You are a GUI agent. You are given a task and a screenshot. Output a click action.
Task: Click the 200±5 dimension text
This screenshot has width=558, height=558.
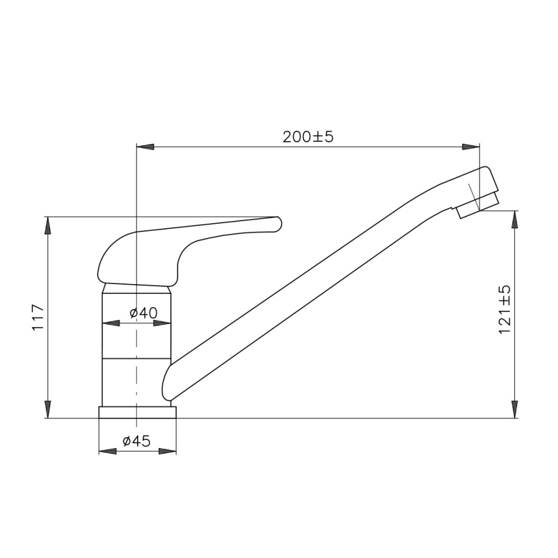click(308, 137)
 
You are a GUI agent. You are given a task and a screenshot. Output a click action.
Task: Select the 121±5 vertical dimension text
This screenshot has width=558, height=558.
click(505, 309)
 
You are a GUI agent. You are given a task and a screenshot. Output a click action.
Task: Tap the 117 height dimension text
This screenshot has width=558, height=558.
click(38, 316)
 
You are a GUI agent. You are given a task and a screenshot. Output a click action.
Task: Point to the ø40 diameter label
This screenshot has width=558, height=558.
click(143, 313)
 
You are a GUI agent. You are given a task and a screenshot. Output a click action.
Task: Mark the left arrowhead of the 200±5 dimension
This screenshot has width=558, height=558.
click(145, 147)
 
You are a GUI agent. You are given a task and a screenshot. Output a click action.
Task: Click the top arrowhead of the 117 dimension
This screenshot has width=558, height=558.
click(48, 226)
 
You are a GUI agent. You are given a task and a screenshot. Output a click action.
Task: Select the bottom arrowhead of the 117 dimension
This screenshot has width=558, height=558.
click(48, 410)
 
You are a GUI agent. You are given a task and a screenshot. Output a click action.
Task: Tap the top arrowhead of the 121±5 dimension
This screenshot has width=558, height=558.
click(514, 219)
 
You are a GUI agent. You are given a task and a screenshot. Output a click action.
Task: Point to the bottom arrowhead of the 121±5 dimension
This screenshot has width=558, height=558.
click(514, 410)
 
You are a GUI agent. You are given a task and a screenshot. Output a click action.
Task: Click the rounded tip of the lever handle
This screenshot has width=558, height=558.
click(277, 223)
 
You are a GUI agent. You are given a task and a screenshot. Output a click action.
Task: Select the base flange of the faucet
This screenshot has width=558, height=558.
click(137, 412)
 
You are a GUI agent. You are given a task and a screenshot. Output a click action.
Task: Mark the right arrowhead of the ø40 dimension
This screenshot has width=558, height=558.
click(163, 323)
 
